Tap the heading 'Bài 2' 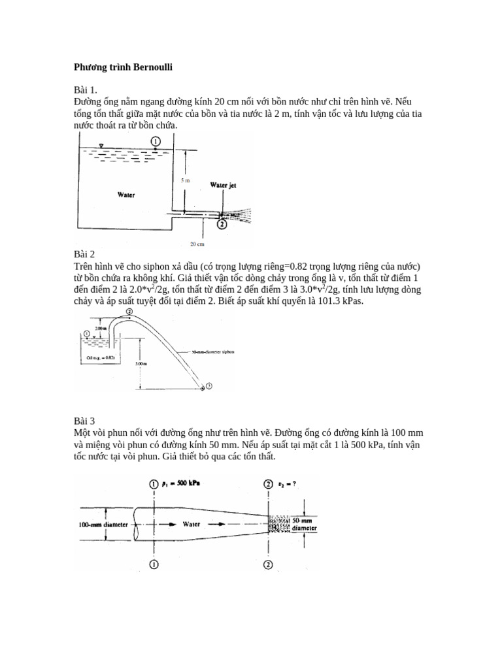(x=84, y=254)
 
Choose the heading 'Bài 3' (x=84, y=421)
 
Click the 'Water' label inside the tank (x=126, y=194)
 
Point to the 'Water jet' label (x=222, y=186)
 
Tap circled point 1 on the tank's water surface (x=155, y=140)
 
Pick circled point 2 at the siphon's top (x=129, y=312)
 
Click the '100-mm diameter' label (x=103, y=524)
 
